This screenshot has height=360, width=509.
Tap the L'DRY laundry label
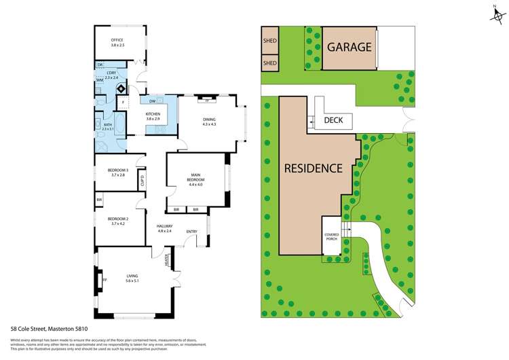pos(112,73)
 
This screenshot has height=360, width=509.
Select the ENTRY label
pos(192,232)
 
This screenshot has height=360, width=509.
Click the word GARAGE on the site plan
pos(349,48)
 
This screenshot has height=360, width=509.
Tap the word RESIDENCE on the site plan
pos(313,168)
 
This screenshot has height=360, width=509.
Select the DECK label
pos(333,120)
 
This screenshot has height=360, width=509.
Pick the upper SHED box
pos(270,40)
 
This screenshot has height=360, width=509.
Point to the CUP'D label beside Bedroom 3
pos(143,181)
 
